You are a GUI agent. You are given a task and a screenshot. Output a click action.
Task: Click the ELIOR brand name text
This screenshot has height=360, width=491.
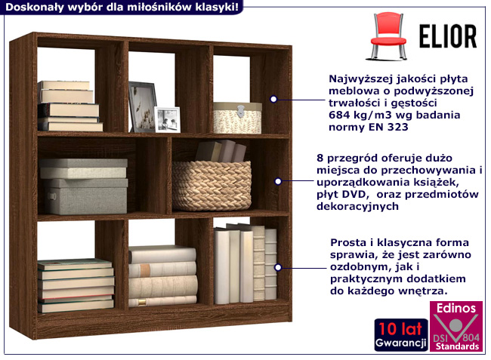coord(447,35)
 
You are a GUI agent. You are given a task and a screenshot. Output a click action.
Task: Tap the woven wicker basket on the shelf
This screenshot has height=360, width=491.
coord(211,184)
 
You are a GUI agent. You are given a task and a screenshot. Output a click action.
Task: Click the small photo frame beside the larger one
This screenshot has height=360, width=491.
coord(167,119)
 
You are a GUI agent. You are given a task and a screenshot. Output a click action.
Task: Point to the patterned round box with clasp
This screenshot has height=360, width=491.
coord(237,118)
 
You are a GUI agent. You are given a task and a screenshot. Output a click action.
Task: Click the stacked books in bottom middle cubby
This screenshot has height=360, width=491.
coord(162,275)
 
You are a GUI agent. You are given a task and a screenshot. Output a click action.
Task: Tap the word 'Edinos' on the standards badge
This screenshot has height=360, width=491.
coord(455,308)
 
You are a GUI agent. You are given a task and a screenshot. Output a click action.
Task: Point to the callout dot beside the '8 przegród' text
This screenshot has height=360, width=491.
coord(278,181)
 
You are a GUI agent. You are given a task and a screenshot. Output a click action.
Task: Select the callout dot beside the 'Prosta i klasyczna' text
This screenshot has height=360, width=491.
coord(278,267)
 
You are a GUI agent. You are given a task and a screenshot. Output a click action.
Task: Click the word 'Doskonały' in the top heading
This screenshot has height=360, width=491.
coord(29,7)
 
